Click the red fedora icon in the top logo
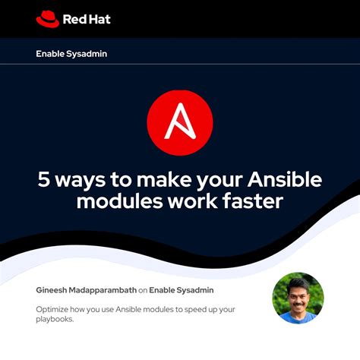47,17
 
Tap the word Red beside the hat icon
75,18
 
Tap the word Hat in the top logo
99,18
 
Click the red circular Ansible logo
180,123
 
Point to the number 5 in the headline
45,181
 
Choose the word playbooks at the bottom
58,320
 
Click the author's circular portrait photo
298,298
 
